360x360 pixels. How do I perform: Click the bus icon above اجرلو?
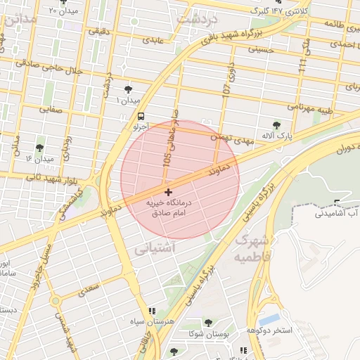pos(142,116)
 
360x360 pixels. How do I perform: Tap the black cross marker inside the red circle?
pos(167,192)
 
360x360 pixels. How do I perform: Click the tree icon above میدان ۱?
pos(128,89)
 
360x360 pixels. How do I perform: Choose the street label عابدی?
pos(153,40)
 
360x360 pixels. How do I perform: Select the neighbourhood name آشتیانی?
pos(150,247)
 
